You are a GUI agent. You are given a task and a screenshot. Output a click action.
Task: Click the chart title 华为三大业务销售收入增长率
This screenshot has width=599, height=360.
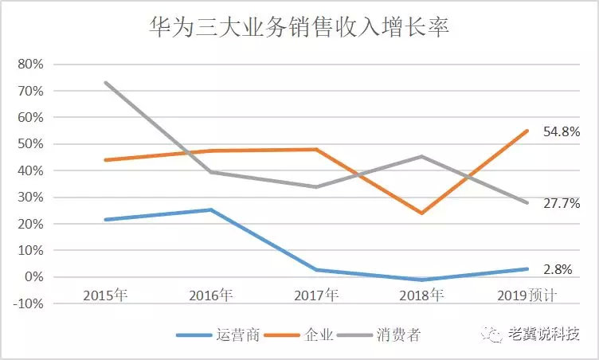299,29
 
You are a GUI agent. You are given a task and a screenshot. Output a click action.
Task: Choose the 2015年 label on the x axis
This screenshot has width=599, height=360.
105,295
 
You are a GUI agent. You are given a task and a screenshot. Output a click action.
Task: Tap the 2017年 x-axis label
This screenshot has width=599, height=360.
316,295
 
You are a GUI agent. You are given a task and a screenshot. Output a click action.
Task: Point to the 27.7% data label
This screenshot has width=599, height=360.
562,204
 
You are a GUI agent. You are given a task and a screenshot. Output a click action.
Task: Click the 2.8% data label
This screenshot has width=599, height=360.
558,269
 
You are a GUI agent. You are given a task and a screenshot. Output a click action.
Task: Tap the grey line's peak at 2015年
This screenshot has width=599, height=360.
105,82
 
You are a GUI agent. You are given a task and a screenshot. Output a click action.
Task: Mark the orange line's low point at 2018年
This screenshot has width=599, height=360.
421,213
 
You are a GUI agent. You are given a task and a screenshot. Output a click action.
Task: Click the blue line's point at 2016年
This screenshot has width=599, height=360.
211,209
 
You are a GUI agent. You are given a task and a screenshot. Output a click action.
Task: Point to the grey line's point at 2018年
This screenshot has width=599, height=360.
421,156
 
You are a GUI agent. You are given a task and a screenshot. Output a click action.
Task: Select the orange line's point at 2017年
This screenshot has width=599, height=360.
316,149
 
